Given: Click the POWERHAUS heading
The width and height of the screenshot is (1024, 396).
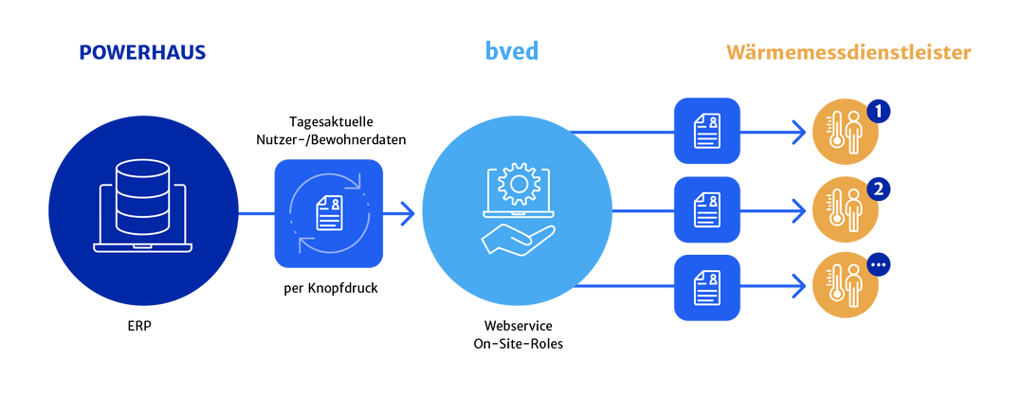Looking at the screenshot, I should pos(141,53).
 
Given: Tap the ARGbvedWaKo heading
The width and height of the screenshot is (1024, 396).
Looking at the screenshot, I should pos(517,53).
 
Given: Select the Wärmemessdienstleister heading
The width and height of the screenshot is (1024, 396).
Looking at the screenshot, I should pos(849,53).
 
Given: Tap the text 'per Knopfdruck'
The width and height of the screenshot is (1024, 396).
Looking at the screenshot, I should pos(328,287).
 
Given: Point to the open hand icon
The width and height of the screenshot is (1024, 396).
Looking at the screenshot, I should pos(517,238).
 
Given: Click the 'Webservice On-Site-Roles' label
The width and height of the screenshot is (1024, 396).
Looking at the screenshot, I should pos(518,334).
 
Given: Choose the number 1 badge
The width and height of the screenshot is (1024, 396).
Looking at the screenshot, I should pos(879,112).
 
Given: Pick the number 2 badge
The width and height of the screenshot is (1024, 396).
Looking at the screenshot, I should pos(879,188).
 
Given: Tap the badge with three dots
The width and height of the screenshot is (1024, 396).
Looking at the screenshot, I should pos(879,264).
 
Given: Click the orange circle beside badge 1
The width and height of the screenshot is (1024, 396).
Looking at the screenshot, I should pos(845,134).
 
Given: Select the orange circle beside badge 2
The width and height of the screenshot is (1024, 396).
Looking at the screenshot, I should pos(845,209).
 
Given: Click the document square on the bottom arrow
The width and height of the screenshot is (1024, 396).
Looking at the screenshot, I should pos(706,285).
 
